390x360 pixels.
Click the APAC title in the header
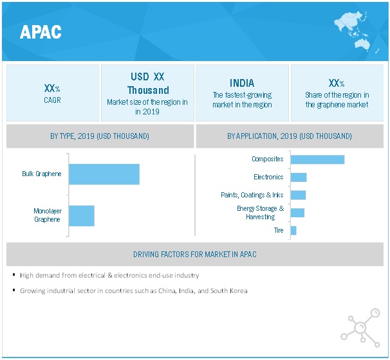[x=41, y=32]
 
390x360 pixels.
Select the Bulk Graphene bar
[x=104, y=174]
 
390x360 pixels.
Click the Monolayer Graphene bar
[x=81, y=215]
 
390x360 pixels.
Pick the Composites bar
[x=317, y=159]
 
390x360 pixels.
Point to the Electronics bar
[x=299, y=177]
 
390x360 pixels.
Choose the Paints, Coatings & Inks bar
[x=298, y=195]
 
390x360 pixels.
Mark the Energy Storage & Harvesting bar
[x=297, y=213]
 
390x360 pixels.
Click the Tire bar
[x=293, y=230]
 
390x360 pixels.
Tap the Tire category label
[x=279, y=230]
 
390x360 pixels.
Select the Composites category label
[x=267, y=159]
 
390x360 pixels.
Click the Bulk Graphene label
[x=41, y=174]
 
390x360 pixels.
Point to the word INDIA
[x=242, y=83]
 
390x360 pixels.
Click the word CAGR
[x=53, y=100]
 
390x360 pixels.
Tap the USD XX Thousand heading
[x=148, y=84]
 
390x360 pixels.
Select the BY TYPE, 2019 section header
[x=100, y=136]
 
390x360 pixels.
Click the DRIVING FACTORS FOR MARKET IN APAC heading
[x=195, y=254]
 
